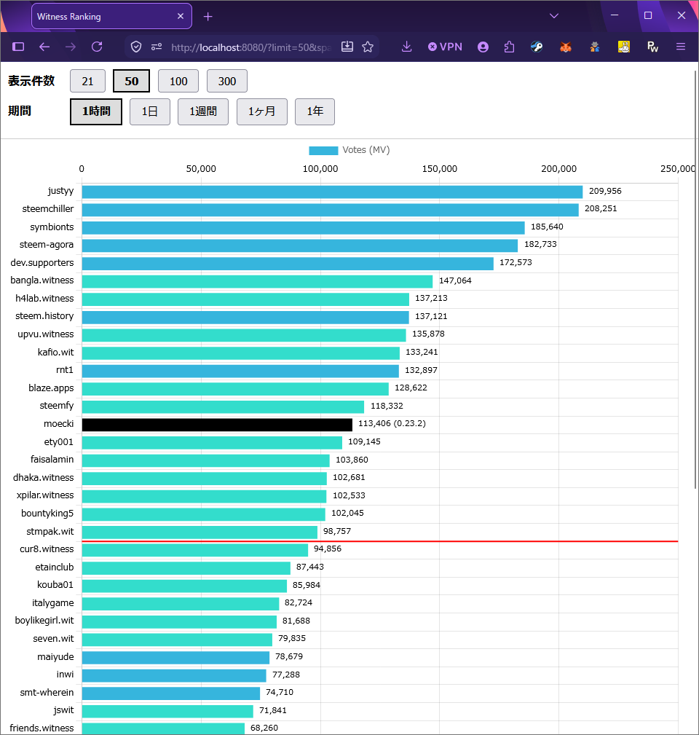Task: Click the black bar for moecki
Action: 217,425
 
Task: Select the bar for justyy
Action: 332,192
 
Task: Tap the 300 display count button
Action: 226,81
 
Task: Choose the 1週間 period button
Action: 203,111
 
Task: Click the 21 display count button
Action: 87,81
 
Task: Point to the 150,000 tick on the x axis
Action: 440,169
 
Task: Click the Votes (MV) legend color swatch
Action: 323,151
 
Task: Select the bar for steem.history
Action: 245,318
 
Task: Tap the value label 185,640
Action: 547,227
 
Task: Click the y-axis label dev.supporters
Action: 42,262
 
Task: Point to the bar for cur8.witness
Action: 195,550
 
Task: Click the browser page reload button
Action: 97,47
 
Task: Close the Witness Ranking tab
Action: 181,16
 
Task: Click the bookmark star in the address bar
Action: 368,47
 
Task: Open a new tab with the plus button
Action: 208,17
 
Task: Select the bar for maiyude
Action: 175,658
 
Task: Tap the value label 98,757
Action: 337,531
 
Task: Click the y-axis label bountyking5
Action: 47,514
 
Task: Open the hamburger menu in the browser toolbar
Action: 681,47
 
